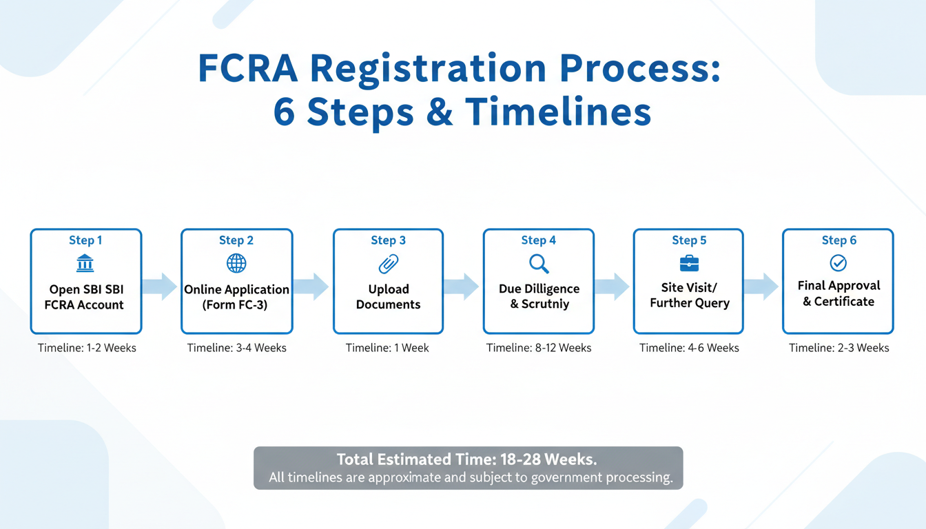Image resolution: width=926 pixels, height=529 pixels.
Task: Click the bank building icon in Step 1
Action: click(86, 263)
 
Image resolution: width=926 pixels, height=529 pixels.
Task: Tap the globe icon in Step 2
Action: click(236, 263)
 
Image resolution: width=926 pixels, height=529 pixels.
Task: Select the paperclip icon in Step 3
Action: click(389, 263)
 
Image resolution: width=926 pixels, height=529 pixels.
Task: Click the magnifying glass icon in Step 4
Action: click(538, 263)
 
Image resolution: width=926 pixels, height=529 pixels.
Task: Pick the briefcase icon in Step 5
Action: click(689, 263)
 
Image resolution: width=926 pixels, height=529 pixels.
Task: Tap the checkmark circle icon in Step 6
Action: click(838, 262)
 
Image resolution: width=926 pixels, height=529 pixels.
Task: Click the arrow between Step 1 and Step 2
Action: click(161, 287)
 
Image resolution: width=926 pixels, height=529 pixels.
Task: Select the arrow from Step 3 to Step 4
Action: click(462, 287)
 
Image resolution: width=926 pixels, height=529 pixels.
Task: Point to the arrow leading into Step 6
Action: click(762, 287)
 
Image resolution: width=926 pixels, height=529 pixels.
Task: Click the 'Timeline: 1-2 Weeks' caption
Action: click(87, 348)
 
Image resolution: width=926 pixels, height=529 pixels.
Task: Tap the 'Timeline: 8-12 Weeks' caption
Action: click(539, 348)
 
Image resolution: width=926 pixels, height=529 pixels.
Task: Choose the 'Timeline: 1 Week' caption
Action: click(387, 348)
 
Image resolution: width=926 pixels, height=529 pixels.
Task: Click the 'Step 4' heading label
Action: click(539, 240)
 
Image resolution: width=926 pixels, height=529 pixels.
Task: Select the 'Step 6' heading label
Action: click(839, 240)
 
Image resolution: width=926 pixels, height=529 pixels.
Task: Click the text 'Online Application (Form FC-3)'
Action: click(236, 297)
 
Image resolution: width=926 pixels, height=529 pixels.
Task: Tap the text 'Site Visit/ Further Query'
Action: click(689, 295)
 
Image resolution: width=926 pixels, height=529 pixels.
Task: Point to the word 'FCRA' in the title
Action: click(249, 70)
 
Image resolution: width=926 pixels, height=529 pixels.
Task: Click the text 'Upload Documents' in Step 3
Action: click(388, 297)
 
